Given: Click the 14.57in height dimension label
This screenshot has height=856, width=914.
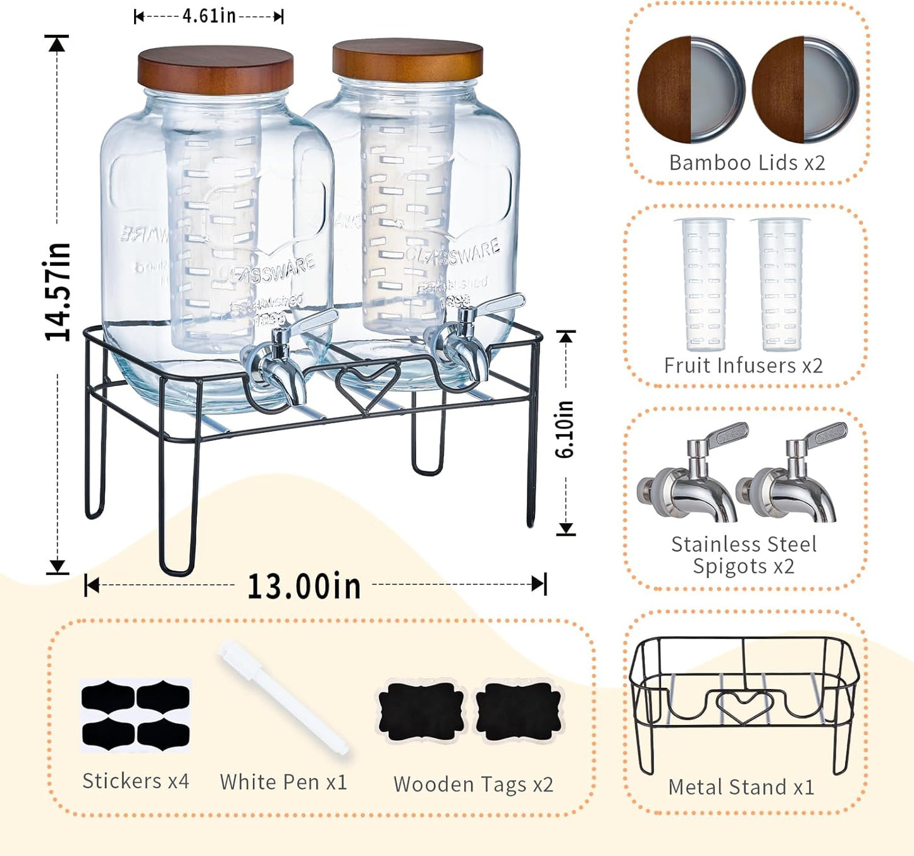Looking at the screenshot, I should tap(57, 292).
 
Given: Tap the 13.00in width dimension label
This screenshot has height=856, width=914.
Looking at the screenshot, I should tap(304, 586).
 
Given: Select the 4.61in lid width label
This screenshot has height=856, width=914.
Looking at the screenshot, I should tap(209, 16).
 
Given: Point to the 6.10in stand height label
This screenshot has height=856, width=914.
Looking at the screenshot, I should tap(565, 429).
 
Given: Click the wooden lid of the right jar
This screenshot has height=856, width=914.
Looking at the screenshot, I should tap(407, 60).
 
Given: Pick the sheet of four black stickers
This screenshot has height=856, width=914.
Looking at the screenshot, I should tap(135, 715).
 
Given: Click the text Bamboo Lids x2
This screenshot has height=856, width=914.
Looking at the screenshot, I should tap(747, 163).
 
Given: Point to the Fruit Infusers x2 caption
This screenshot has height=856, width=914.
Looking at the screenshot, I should tap(743, 366).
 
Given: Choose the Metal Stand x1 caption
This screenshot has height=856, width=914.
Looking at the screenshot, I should tap(741, 787).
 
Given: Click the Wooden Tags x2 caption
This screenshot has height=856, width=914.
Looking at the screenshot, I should tap(473, 785).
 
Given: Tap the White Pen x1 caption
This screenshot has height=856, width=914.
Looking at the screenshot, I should tap(283, 783).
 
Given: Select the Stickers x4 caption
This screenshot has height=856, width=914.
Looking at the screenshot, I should tap(135, 781).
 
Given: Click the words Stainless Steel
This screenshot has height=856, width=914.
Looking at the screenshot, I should tap(744, 544).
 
